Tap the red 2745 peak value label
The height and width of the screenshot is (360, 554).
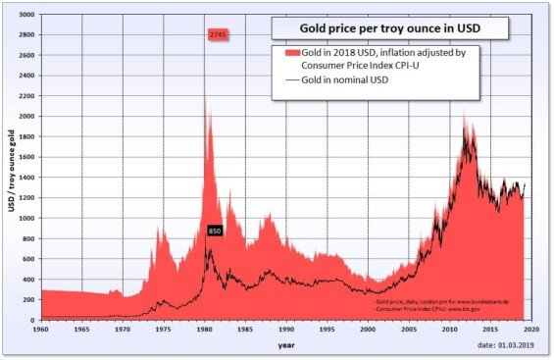coord(219,35)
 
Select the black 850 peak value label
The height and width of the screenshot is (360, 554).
coord(216,231)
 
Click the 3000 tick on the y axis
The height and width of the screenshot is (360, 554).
coord(25,16)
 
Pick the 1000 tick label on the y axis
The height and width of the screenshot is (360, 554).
coord(25,218)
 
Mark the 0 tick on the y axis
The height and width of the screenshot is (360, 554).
coord(32,320)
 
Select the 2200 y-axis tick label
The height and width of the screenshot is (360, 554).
coord(25,96)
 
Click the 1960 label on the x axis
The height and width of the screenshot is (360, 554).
coord(40,331)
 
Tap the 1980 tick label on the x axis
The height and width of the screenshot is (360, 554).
coord(204,331)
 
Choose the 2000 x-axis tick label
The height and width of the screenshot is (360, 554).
coord(368,331)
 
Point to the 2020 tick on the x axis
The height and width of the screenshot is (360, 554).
coord(530,331)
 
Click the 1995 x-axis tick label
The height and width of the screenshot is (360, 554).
coord(327,331)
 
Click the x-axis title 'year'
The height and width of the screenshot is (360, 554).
coord(285,345)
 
